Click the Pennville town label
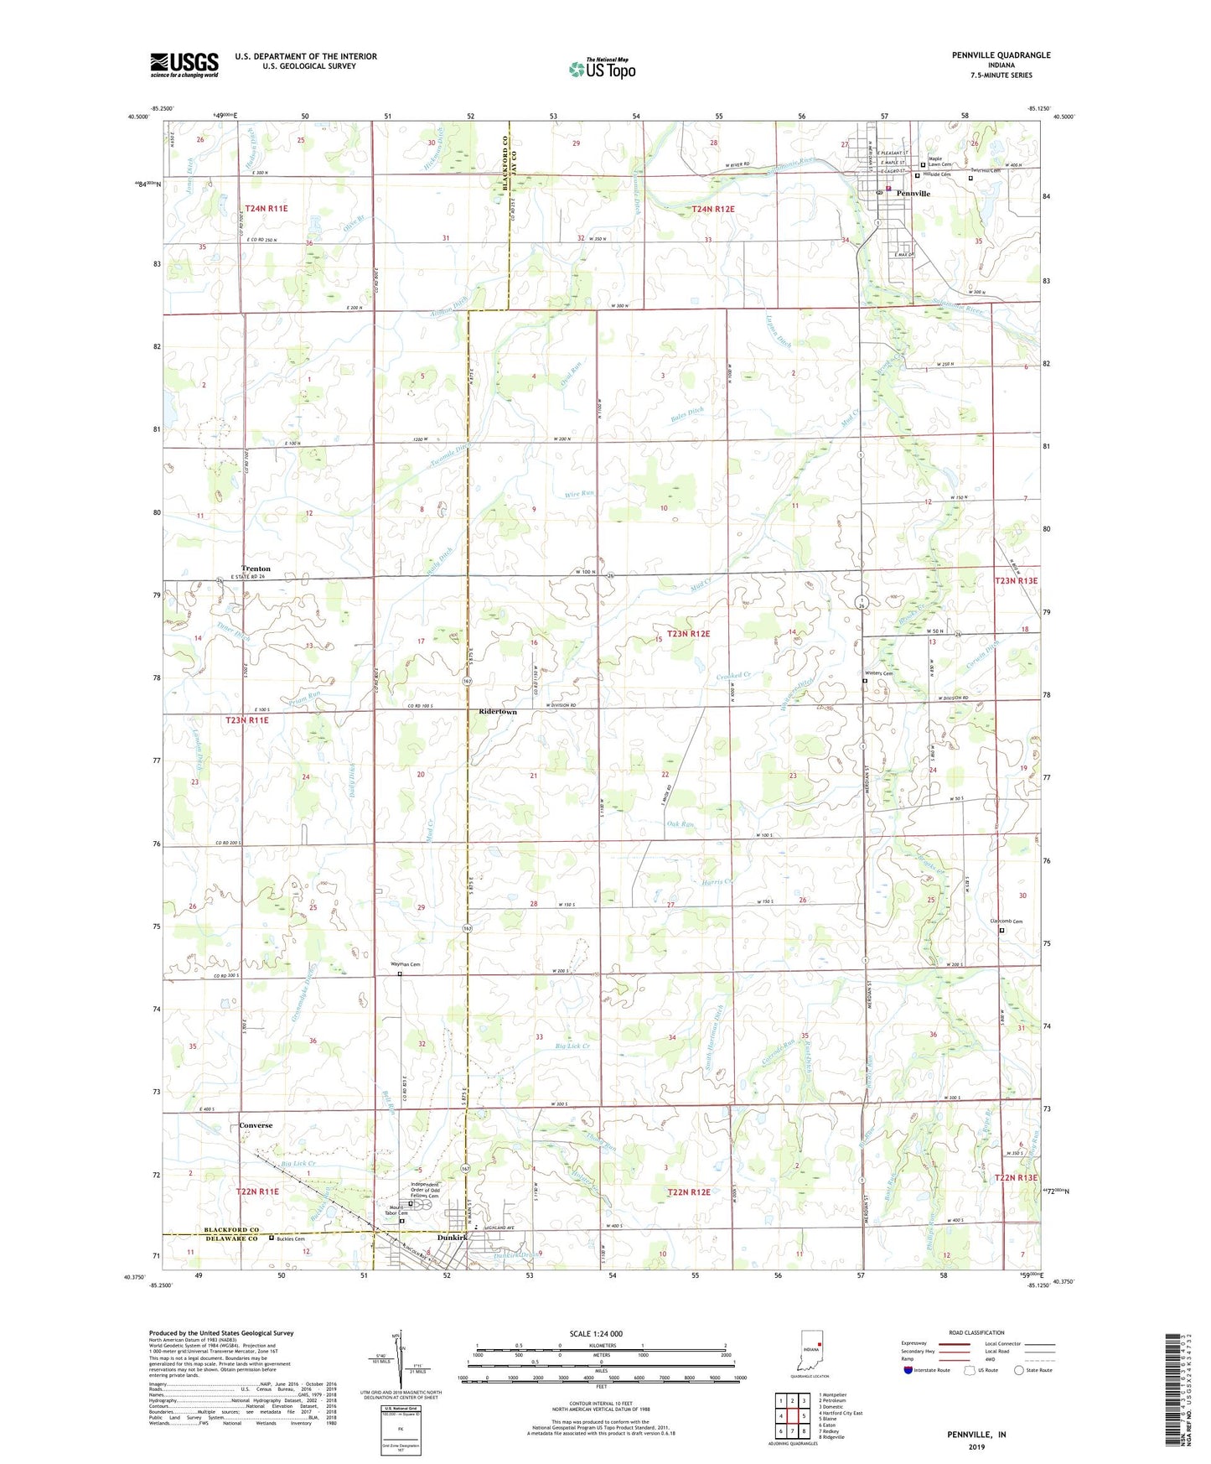[913, 194]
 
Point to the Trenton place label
[256, 568]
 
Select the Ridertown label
[497, 712]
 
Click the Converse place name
[256, 1125]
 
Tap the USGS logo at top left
[184, 65]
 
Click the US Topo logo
[601, 69]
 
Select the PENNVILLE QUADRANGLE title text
[1001, 55]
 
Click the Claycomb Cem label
[1007, 921]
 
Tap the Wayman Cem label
[406, 965]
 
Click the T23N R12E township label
[688, 634]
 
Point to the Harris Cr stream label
[717, 881]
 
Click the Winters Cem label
[878, 673]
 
